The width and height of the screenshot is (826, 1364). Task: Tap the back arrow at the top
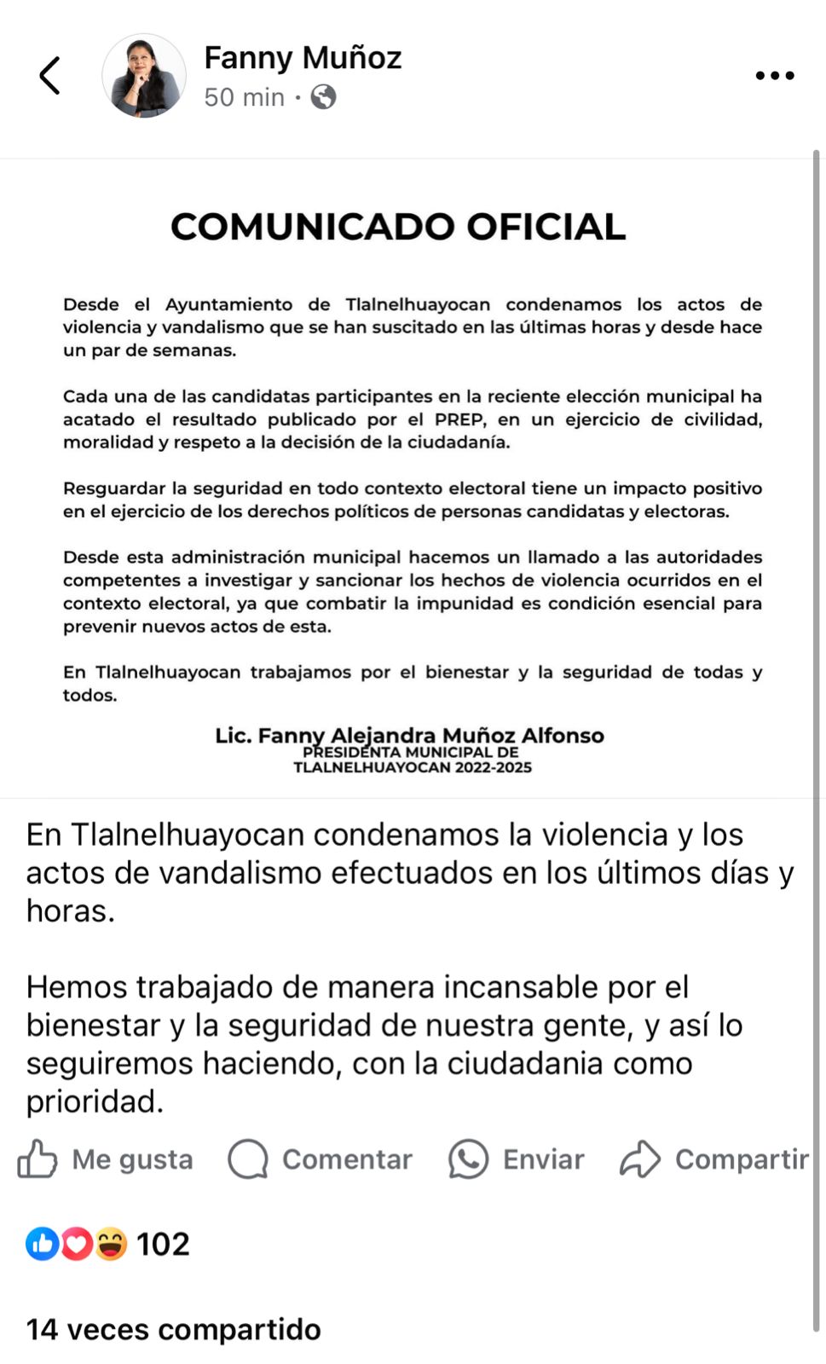click(x=50, y=76)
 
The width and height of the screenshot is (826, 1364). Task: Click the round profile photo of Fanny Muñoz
click(x=144, y=76)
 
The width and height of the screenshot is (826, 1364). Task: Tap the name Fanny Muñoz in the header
click(x=303, y=58)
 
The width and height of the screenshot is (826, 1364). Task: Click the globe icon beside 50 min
click(x=323, y=97)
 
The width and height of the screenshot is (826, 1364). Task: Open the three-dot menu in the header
click(x=774, y=76)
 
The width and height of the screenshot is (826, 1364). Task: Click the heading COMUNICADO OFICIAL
click(x=398, y=227)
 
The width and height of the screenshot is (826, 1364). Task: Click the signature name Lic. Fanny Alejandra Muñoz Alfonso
click(x=409, y=735)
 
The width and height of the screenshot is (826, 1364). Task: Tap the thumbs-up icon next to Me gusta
click(x=38, y=1159)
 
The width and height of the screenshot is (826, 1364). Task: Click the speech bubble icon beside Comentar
click(x=248, y=1159)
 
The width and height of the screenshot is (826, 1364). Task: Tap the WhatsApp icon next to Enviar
click(x=468, y=1159)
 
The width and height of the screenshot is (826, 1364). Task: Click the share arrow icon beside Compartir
click(x=640, y=1159)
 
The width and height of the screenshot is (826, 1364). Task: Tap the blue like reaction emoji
click(x=42, y=1244)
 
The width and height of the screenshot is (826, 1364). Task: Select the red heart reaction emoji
click(x=76, y=1244)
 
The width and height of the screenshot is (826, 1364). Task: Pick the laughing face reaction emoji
click(x=111, y=1244)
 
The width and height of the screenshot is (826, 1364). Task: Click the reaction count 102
click(x=163, y=1244)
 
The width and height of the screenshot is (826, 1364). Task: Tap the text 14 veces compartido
click(x=174, y=1329)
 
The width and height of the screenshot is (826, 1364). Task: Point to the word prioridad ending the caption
click(x=94, y=1101)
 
